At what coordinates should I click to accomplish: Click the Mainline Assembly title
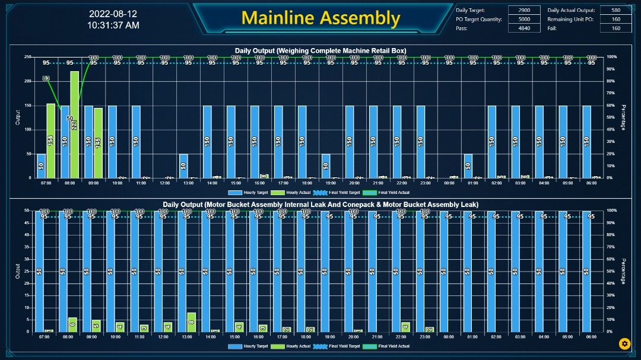[320, 18]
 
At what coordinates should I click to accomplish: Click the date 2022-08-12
[113, 14]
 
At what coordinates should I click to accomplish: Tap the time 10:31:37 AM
[113, 25]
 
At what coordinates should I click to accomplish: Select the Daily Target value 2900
[524, 10]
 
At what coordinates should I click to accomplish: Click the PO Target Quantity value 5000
[524, 19]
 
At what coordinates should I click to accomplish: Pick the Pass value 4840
[524, 28]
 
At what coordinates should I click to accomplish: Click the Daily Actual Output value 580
[615, 10]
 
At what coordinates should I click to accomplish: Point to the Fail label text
[551, 28]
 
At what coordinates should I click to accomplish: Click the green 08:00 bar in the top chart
[75, 125]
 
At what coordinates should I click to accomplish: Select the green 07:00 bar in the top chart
[51, 141]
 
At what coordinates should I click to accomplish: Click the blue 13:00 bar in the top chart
[183, 166]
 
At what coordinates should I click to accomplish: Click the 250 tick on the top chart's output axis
[27, 57]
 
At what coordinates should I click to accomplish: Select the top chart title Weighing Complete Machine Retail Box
[320, 50]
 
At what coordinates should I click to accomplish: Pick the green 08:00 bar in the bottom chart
[72, 324]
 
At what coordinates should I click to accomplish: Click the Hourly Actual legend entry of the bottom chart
[294, 346]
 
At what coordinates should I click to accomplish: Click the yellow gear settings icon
[624, 343]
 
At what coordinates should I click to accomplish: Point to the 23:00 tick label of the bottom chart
[424, 337]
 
